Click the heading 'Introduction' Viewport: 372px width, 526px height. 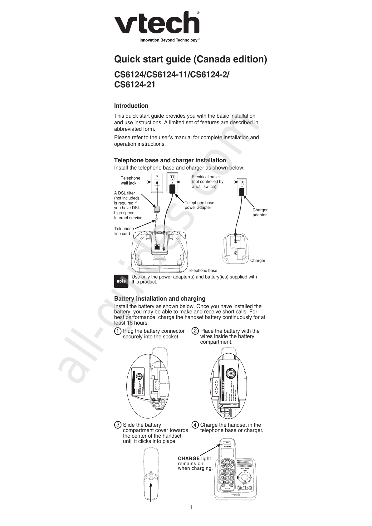click(x=131, y=106)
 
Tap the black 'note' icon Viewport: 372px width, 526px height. click(x=121, y=281)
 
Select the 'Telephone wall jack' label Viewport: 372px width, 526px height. click(x=130, y=180)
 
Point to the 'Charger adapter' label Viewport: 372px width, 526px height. click(x=260, y=213)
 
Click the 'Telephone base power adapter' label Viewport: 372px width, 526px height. click(x=199, y=205)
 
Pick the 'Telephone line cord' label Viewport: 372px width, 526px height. click(x=124, y=231)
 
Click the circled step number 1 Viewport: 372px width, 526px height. click(x=117, y=331)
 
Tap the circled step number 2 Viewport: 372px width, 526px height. click(x=195, y=331)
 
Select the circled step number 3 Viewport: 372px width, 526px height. click(x=118, y=425)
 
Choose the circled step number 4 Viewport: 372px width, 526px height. click(x=195, y=425)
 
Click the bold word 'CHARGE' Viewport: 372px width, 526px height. click(x=188, y=459)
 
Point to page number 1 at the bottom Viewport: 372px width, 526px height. click(x=191, y=507)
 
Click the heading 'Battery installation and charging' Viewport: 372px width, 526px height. click(x=160, y=299)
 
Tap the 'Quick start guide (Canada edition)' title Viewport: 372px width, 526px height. click(x=190, y=59)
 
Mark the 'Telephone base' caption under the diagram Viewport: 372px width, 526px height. click(x=202, y=270)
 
